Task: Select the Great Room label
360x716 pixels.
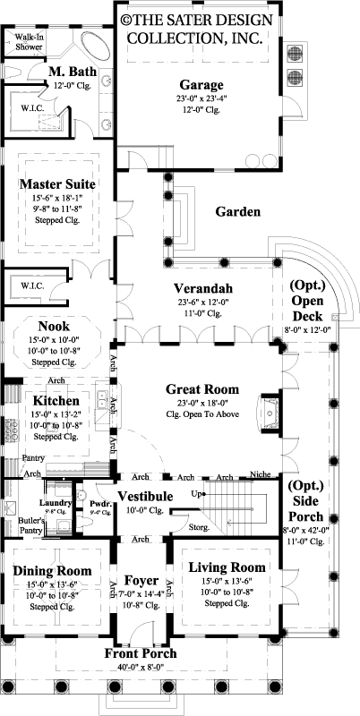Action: [x=201, y=389]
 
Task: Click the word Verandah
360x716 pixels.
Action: [x=202, y=288]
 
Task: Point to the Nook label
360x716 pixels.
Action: [x=54, y=327]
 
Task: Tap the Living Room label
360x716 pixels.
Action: [x=228, y=567]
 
